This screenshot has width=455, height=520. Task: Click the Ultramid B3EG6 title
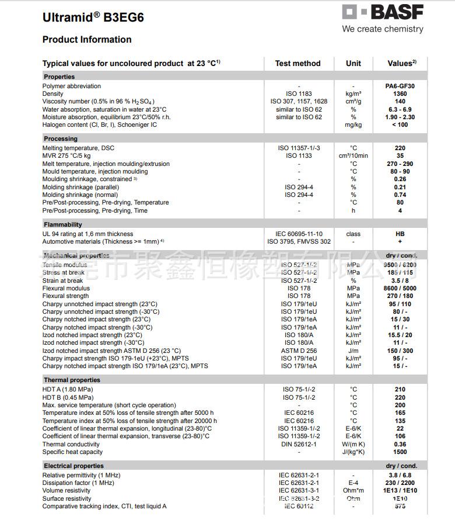pyautogui.click(x=93, y=18)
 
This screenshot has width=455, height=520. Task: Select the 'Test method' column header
pyautogui.click(x=297, y=63)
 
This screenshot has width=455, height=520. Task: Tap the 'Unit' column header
pyautogui.click(x=353, y=63)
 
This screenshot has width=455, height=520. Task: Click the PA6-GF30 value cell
pyautogui.click(x=400, y=86)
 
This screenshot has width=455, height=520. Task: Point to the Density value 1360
pyautogui.click(x=400, y=93)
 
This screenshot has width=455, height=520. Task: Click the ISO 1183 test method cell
pyautogui.click(x=299, y=93)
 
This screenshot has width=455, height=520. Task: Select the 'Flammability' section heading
pyautogui.click(x=63, y=224)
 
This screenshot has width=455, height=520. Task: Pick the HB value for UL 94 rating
pyautogui.click(x=400, y=234)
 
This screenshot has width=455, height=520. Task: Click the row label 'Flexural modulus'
pyautogui.click(x=66, y=288)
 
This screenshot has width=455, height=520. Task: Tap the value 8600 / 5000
pyautogui.click(x=400, y=288)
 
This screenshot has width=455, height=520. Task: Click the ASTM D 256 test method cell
pyautogui.click(x=299, y=351)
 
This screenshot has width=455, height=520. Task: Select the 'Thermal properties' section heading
pyautogui.click(x=72, y=380)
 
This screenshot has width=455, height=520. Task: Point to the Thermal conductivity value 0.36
pyautogui.click(x=400, y=444)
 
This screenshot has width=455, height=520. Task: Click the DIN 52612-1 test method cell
pyautogui.click(x=299, y=444)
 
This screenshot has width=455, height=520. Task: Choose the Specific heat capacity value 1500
pyautogui.click(x=400, y=452)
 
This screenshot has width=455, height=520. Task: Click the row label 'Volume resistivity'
pyautogui.click(x=66, y=491)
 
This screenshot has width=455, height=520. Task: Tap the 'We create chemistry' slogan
pyautogui.click(x=383, y=29)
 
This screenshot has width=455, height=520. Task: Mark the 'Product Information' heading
pyautogui.click(x=87, y=40)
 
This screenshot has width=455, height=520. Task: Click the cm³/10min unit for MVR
pyautogui.click(x=353, y=156)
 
